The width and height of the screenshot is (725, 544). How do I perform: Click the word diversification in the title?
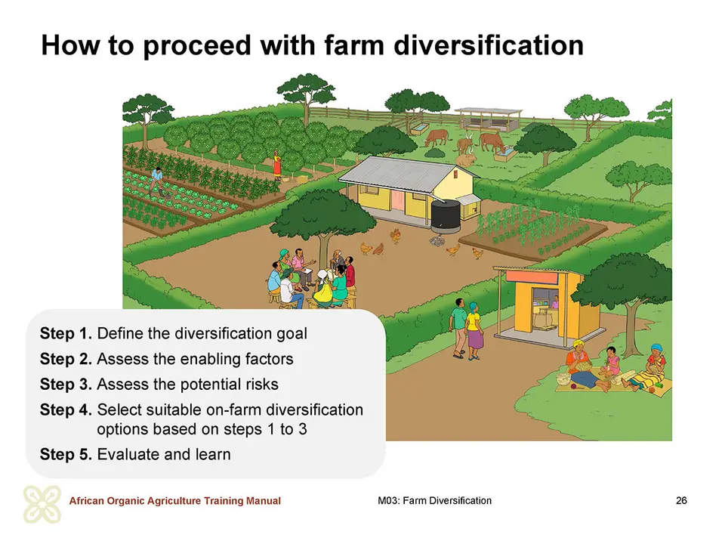(x=489, y=45)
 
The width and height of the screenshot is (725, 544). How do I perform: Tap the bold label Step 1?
(x=66, y=333)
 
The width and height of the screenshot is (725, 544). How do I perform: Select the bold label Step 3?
(x=66, y=384)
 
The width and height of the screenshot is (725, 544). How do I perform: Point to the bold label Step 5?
(x=66, y=454)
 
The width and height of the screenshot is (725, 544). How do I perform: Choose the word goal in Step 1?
(x=292, y=334)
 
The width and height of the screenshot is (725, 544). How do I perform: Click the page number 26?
(x=681, y=500)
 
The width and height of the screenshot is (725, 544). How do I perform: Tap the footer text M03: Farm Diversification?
(x=435, y=500)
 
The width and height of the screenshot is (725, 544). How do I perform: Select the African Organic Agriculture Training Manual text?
(x=174, y=500)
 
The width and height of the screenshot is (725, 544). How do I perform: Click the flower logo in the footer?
(x=42, y=504)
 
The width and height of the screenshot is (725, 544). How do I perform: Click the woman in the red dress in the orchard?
(x=277, y=164)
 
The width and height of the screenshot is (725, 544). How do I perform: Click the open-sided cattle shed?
(x=489, y=119)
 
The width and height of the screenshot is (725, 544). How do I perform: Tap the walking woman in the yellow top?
(x=474, y=331)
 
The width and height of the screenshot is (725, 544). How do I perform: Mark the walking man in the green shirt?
(x=458, y=328)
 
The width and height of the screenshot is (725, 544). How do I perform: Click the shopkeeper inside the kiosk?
(x=555, y=302)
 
